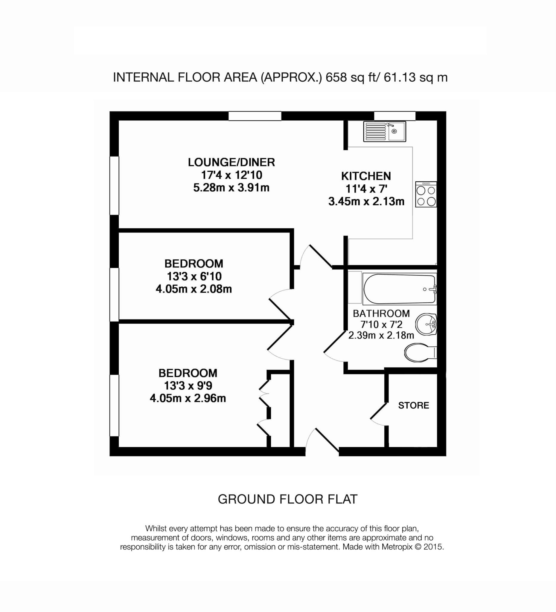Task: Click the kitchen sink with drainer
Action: (384, 131)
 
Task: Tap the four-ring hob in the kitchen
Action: (426, 195)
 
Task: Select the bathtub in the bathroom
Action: (400, 289)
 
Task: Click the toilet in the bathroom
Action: (420, 353)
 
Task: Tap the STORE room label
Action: (413, 405)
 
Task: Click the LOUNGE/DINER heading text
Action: (231, 162)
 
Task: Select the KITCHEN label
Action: (366, 176)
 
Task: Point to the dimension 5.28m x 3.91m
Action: (231, 188)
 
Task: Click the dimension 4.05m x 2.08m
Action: (194, 289)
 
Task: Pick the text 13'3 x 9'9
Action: (188, 385)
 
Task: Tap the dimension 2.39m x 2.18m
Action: (381, 335)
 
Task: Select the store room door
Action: (378, 413)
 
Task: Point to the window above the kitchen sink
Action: (394, 116)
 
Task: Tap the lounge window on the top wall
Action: (255, 116)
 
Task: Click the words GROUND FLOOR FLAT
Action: (287, 499)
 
